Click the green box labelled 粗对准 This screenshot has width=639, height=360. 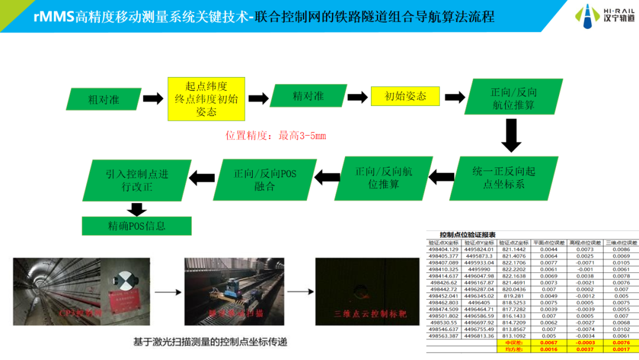pos(104,99)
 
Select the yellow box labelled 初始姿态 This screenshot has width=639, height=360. pos(405,96)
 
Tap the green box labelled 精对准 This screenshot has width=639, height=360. pos(308,96)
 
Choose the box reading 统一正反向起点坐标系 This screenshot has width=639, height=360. pos(504,178)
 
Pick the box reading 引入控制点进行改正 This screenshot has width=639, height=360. pos(137,180)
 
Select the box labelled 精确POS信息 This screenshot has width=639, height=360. pos(137,226)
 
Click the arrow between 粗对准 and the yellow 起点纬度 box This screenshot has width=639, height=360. pos(153,99)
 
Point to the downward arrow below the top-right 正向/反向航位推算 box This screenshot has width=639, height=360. pos(511,135)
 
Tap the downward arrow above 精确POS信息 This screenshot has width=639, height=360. pos(137,209)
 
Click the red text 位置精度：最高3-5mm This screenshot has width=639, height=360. pos(276,136)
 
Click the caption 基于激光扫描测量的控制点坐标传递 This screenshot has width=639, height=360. pos(206,341)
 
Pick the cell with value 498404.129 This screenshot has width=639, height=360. pos(443,249)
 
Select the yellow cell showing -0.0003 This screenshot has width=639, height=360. pos(581,343)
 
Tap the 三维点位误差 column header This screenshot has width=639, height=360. pos(621,242)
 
